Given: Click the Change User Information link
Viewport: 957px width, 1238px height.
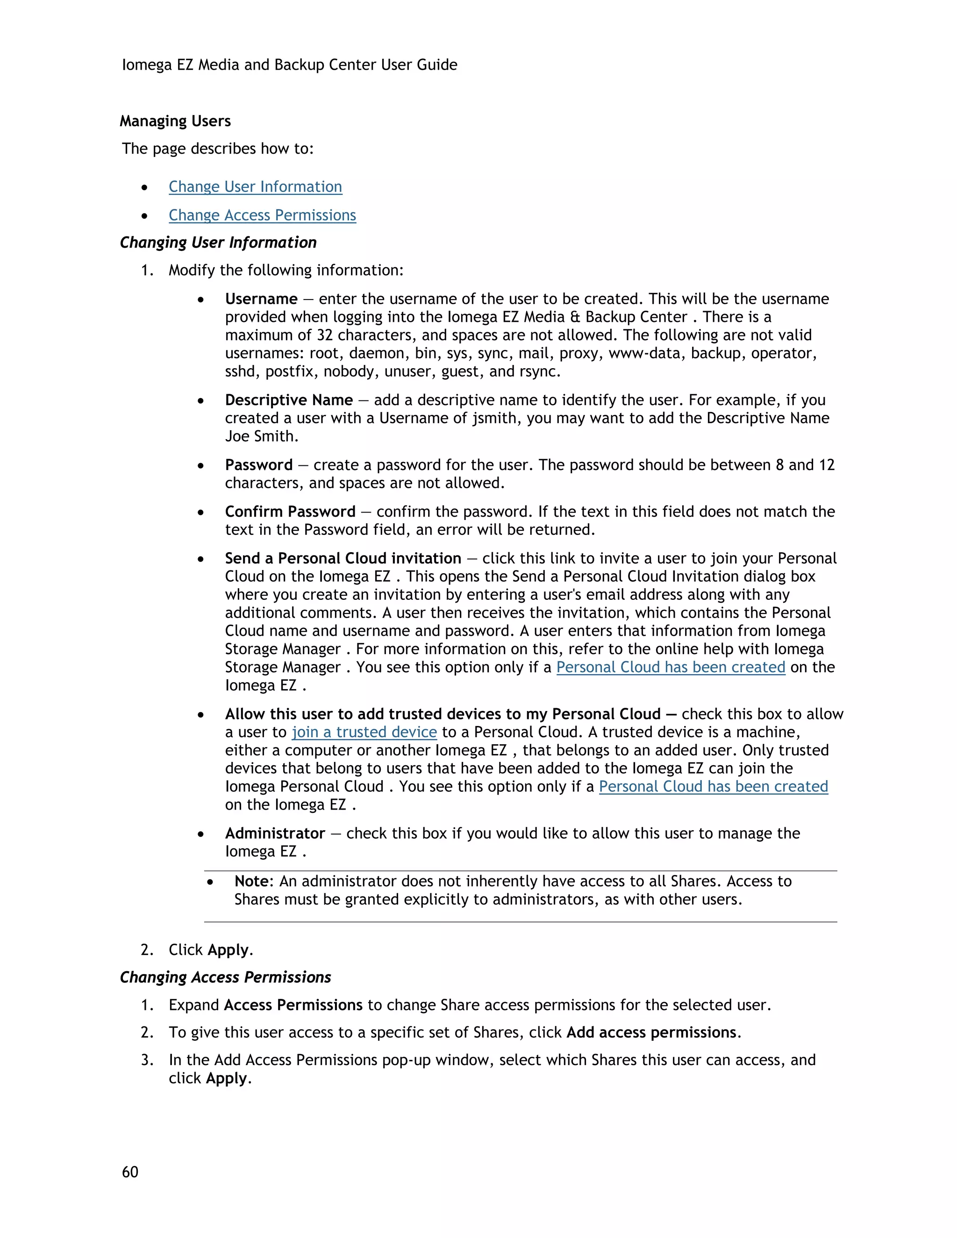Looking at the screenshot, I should (255, 186).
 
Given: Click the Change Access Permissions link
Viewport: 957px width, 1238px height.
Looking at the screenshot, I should (262, 215).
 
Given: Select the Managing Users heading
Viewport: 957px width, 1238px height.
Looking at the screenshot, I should (175, 121).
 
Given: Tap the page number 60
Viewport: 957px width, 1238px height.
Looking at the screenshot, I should (130, 1172).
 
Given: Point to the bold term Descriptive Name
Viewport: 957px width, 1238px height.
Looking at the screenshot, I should (289, 400).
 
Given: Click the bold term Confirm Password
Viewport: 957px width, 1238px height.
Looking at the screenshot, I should (290, 512).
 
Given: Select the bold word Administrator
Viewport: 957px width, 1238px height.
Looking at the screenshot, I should (275, 833).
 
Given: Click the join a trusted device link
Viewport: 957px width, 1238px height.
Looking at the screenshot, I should (364, 733).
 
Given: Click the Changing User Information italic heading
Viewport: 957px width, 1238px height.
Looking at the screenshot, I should (218, 242).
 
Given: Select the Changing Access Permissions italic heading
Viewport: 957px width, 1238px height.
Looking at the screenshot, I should (225, 977).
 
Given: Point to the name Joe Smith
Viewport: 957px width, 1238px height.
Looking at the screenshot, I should (261, 436).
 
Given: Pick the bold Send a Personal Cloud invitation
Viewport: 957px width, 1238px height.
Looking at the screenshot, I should (343, 558).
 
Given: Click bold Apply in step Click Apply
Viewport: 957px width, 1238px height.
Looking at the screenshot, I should (228, 950).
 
